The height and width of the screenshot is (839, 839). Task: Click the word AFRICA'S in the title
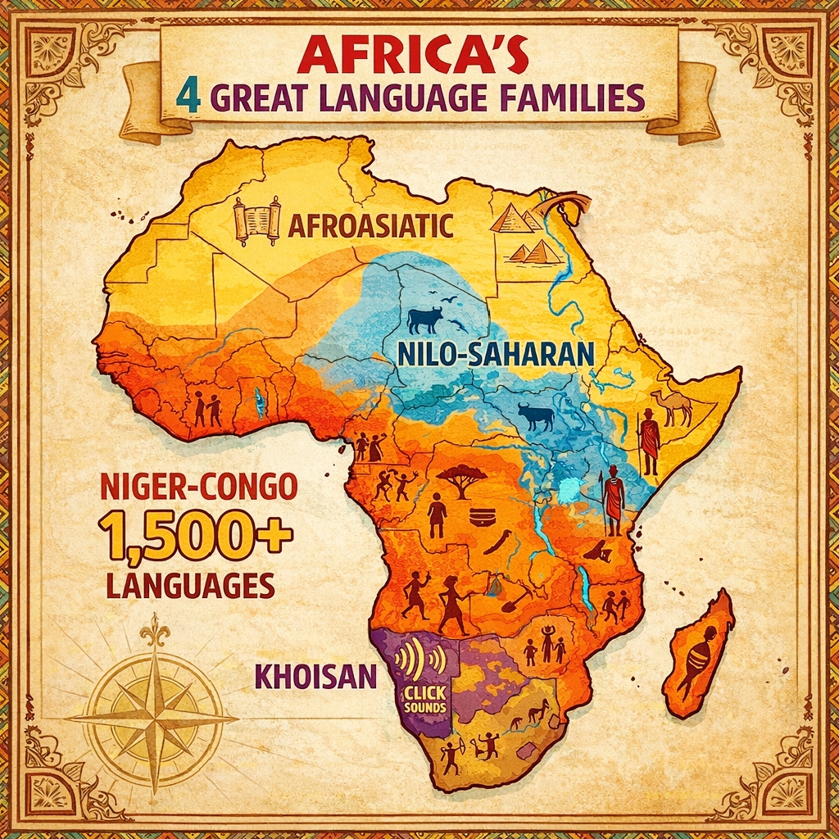419,57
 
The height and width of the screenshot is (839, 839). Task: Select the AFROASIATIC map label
370,224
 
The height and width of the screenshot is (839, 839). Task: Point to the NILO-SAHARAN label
494,353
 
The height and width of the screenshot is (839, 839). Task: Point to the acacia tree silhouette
461,479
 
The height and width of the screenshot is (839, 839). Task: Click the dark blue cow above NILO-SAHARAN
424,319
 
